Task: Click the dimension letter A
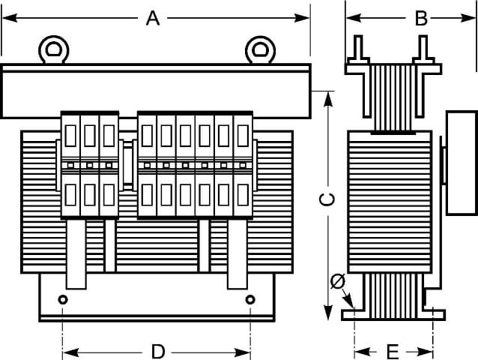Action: pyautogui.click(x=153, y=18)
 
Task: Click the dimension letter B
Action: pyautogui.click(x=421, y=18)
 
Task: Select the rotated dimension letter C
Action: pyautogui.click(x=327, y=199)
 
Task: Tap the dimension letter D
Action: pyautogui.click(x=158, y=352)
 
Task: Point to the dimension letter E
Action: pyautogui.click(x=393, y=352)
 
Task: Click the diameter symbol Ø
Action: pyautogui.click(x=338, y=281)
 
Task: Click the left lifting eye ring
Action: pyautogui.click(x=54, y=49)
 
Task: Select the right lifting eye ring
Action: pyautogui.click(x=260, y=49)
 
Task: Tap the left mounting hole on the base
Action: pyautogui.click(x=63, y=299)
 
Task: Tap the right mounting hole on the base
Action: pyautogui.click(x=250, y=299)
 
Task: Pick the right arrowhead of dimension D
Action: pyautogui.click(x=242, y=352)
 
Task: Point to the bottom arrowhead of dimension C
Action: pyautogui.click(x=327, y=312)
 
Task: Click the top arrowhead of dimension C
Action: pyautogui.click(x=327, y=99)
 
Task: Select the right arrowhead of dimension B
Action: pyautogui.click(x=468, y=18)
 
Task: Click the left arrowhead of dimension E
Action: pyautogui.click(x=363, y=352)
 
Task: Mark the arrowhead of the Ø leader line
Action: pyautogui.click(x=350, y=302)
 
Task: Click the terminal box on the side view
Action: pyautogui.click(x=462, y=163)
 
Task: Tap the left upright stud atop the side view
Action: pyautogui.click(x=358, y=49)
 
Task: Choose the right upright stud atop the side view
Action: pyautogui.click(x=423, y=49)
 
